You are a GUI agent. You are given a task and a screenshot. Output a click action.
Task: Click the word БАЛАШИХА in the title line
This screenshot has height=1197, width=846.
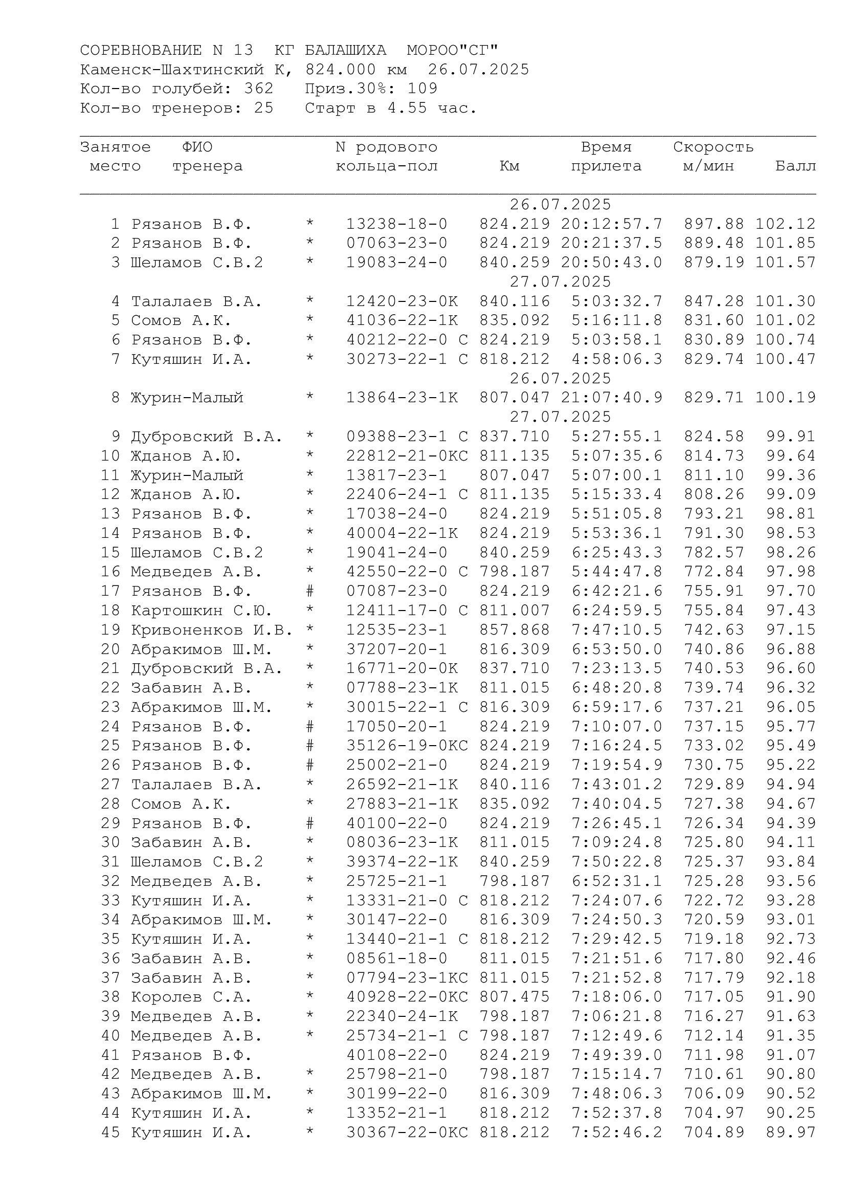tap(345, 50)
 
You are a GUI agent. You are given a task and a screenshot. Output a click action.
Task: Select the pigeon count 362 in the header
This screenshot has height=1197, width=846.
tap(258, 89)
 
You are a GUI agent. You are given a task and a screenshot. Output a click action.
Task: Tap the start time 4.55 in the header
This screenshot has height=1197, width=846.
tap(407, 108)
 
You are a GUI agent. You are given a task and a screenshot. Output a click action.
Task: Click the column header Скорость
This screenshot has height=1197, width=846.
tap(713, 147)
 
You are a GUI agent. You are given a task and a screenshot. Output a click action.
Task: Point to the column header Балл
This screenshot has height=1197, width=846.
tap(795, 166)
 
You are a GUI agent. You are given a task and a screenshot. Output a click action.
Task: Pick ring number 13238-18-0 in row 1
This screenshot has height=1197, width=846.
tap(396, 224)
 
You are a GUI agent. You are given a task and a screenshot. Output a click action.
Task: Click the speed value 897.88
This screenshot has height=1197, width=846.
tap(714, 224)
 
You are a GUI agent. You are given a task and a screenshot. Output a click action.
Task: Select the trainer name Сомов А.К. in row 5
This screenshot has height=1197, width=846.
tap(181, 321)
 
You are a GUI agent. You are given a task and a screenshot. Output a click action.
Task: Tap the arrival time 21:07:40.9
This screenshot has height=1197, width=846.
tap(612, 398)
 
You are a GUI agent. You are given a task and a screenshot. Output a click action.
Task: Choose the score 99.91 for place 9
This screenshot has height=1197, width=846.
tap(790, 437)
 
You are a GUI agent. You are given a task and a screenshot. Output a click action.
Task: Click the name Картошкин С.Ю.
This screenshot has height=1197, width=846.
tap(201, 611)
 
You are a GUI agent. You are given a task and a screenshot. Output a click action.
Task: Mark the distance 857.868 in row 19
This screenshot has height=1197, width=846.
tap(514, 630)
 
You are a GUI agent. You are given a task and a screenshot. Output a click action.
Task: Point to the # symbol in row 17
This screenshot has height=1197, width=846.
tap(310, 591)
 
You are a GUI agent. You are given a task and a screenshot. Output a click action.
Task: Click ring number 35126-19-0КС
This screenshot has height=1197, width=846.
tap(407, 746)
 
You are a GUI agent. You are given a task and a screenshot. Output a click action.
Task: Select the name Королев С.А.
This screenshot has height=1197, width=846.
tap(191, 997)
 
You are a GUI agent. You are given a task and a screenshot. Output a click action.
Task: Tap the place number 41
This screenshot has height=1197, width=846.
tap(110, 1055)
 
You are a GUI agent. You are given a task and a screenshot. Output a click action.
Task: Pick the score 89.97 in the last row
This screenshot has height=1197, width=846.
tap(790, 1133)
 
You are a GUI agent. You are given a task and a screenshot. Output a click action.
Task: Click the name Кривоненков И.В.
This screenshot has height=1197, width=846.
tap(212, 630)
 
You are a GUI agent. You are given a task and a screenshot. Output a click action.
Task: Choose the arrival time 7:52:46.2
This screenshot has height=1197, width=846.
tap(617, 1133)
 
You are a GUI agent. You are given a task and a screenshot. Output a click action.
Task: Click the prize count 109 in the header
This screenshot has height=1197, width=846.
tap(422, 89)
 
